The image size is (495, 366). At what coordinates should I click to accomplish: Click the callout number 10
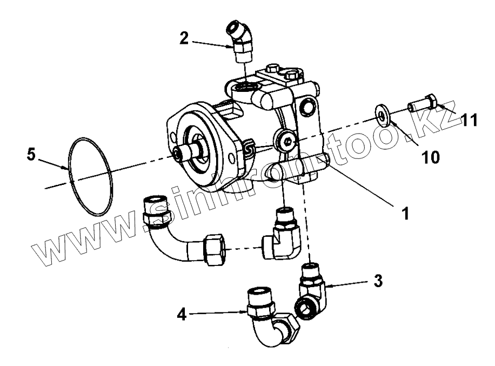[430, 157]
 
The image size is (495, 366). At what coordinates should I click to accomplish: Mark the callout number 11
[470, 121]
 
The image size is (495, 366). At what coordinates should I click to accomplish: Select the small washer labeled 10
[383, 116]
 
